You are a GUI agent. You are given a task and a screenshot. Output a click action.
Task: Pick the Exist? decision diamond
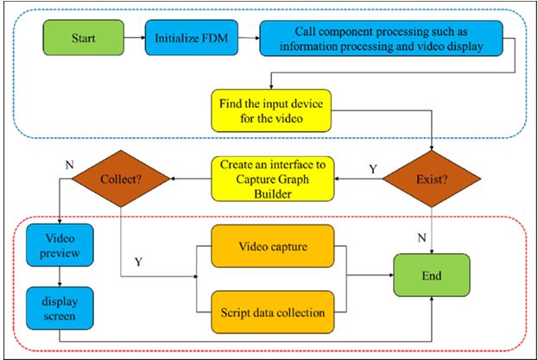point(432,179)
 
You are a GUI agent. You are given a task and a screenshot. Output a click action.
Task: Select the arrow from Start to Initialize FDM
point(136,38)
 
